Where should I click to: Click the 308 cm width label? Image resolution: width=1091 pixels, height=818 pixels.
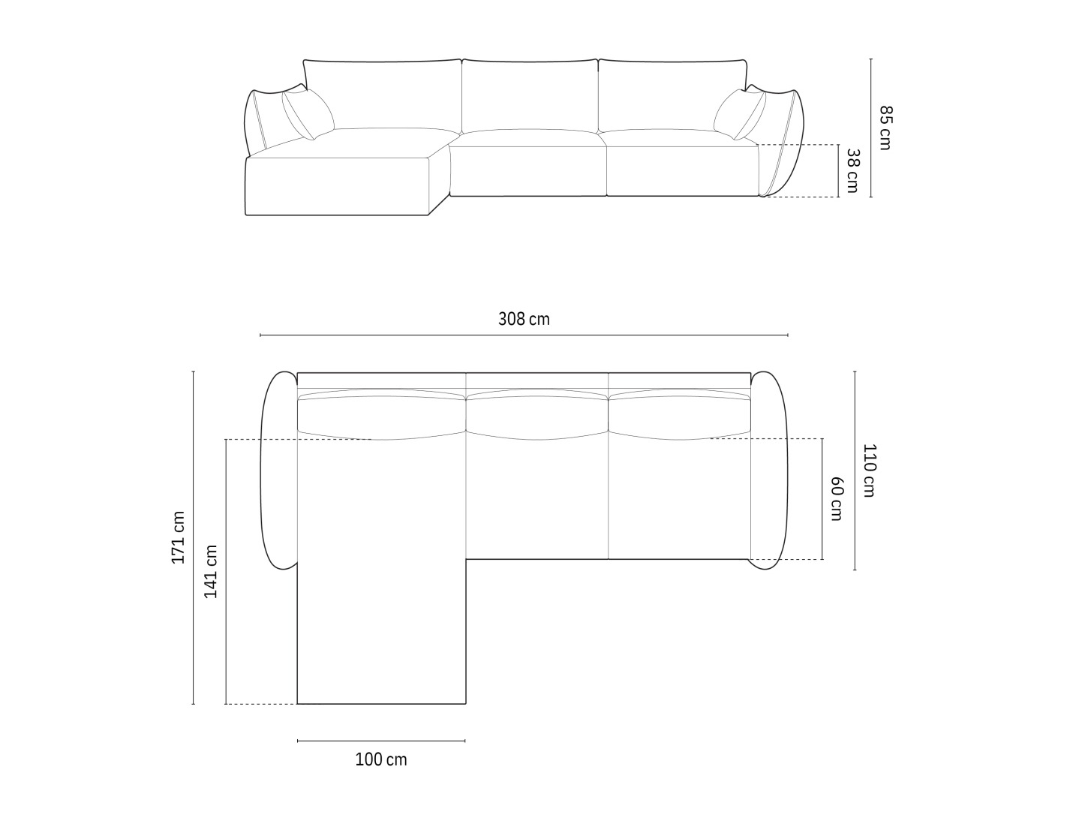(524, 319)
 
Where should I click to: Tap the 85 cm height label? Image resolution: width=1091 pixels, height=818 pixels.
(885, 128)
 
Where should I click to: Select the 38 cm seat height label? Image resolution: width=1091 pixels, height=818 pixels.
(852, 170)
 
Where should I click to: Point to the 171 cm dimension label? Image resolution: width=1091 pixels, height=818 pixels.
(178, 537)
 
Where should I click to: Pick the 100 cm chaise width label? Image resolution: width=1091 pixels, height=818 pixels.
(381, 759)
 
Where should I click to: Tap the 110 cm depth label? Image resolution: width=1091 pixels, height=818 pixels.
(869, 471)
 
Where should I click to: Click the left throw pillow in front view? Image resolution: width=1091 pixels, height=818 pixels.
(308, 114)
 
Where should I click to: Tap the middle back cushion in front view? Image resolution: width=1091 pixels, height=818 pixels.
(530, 96)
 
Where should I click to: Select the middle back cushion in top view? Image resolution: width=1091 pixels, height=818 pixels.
(536, 414)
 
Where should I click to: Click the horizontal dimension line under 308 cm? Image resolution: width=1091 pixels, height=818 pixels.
(524, 335)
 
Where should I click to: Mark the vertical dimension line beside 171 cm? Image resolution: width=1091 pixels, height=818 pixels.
(194, 537)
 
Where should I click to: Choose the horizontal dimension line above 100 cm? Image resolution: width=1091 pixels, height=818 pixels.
(381, 741)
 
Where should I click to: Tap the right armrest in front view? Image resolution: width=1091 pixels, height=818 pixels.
(780, 143)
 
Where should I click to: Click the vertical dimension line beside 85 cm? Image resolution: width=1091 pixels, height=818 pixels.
(871, 128)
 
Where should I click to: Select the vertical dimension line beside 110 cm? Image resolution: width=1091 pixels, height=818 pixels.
(855, 471)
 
